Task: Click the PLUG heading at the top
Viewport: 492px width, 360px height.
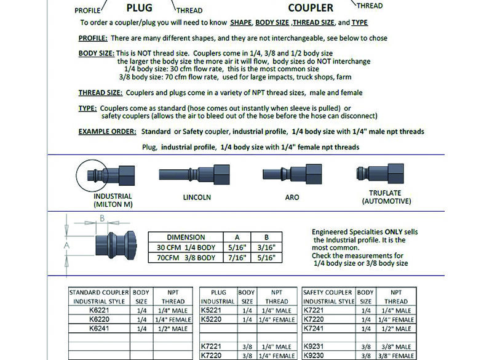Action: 139,8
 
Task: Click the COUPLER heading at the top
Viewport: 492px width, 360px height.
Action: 311,8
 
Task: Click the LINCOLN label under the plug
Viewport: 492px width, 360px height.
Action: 197,198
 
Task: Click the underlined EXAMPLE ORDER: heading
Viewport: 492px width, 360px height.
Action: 107,132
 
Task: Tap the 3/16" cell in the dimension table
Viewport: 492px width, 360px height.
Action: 265,247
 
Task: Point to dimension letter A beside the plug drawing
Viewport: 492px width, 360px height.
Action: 67,244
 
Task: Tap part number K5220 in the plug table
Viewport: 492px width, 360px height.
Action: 212,320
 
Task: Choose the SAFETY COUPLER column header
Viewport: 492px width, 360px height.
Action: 329,292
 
